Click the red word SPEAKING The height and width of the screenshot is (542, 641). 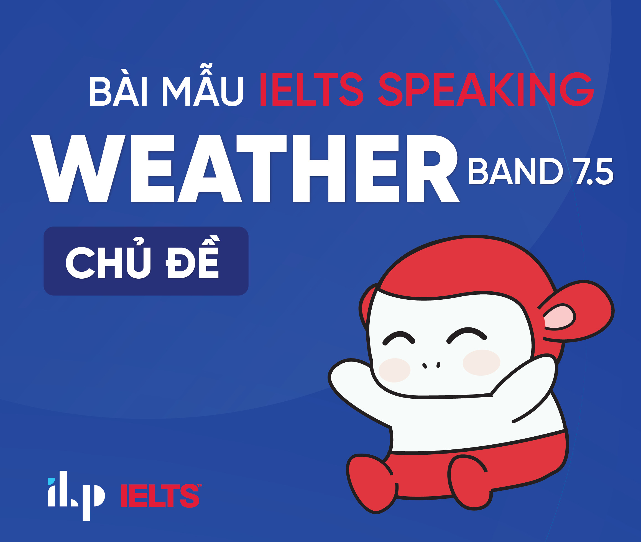[486, 89]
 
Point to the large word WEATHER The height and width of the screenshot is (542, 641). [245, 168]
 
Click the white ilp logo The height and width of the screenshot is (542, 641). [76, 496]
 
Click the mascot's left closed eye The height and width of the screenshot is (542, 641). [399, 338]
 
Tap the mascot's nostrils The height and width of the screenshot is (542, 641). [431, 365]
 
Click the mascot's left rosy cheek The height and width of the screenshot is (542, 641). [394, 370]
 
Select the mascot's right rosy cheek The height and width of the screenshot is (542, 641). [481, 363]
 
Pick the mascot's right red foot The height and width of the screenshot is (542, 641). [469, 482]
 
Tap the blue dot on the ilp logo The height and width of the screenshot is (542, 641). [51, 482]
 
